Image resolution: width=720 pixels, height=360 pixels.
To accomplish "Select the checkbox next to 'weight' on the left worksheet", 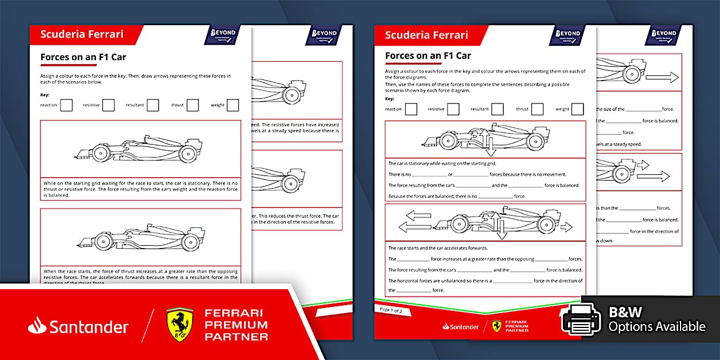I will pos(233,105).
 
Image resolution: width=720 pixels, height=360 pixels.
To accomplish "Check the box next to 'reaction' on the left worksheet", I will pos(66,105).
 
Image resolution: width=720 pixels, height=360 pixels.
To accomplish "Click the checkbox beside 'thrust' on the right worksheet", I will pos(537,109).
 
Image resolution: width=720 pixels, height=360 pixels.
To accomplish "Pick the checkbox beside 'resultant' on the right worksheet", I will pos(497,109).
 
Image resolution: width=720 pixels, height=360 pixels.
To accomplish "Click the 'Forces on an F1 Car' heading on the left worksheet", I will pos(83,57).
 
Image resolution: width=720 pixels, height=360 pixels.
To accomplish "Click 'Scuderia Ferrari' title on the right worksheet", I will pos(426,35).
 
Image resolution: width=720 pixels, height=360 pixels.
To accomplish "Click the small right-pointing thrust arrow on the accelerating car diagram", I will pos(566,227).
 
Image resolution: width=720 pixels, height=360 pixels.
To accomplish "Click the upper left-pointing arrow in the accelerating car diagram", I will pos(415,215).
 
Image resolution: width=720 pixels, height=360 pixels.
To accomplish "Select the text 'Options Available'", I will pos(657,327).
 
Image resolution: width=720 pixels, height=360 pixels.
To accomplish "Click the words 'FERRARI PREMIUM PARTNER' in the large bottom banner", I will pos(236,325).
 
